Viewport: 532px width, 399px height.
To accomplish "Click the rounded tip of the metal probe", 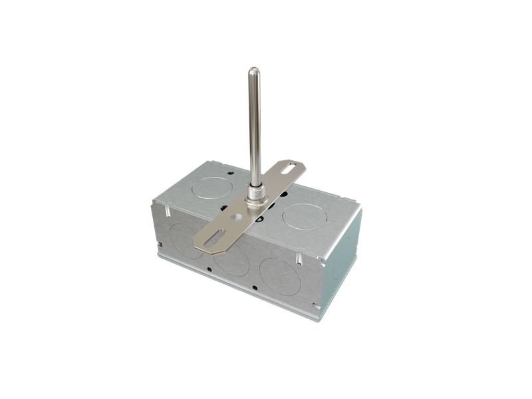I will [254, 70].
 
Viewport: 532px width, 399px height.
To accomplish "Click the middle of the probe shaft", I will [254, 126].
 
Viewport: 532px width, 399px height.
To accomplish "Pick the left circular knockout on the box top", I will [211, 187].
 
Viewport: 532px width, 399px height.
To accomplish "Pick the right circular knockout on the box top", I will [303, 216].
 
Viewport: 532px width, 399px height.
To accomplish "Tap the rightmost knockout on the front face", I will [279, 276].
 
